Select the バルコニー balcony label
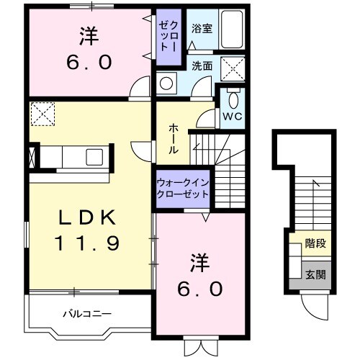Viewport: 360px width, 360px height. click(85, 314)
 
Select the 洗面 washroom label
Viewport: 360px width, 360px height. click(202, 66)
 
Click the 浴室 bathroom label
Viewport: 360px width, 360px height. click(202, 30)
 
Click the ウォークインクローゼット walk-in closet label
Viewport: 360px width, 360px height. click(182, 189)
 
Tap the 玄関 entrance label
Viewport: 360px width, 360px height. click(315, 274)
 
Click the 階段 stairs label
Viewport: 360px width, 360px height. click(315, 243)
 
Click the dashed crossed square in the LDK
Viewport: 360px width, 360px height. click(42, 113)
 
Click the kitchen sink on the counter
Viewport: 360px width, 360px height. click(93, 156)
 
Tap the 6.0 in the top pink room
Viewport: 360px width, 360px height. click(89, 62)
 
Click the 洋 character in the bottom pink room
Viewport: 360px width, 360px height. click(201, 259)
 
